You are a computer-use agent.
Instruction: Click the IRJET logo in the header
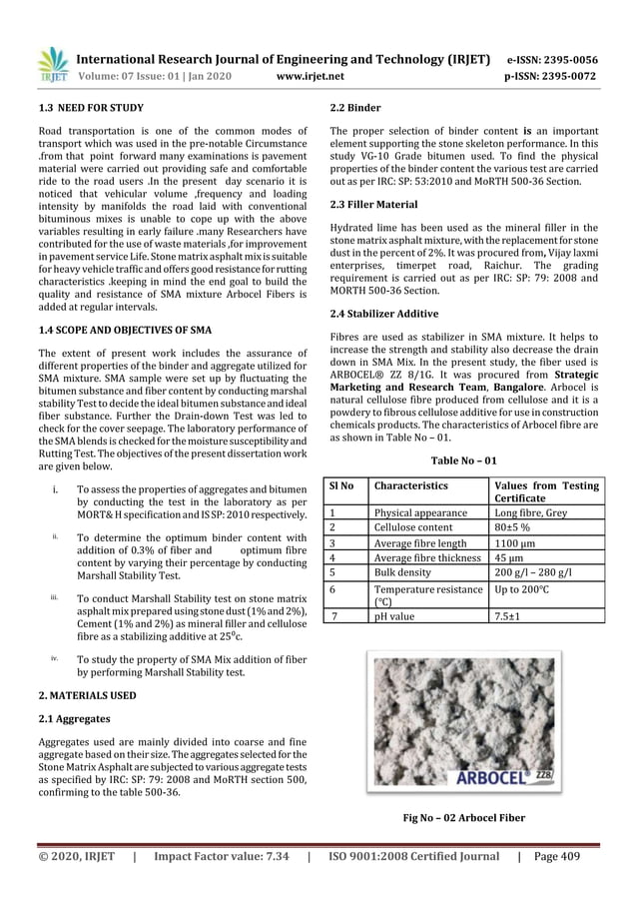51,64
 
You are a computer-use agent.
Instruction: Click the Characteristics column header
410,485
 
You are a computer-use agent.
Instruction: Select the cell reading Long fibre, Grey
533,512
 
